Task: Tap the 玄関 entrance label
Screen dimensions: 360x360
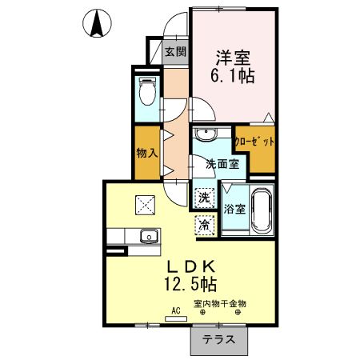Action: coord(175,53)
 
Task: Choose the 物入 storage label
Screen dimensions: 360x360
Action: coord(145,153)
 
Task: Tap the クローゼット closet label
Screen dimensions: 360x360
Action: coord(255,142)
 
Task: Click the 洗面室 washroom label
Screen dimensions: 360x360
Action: coord(222,164)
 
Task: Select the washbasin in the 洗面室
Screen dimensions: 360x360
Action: coord(206,133)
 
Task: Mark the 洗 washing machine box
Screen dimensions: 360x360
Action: coord(204,196)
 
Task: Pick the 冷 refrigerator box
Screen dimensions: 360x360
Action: coord(204,226)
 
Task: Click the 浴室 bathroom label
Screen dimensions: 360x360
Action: coord(234,210)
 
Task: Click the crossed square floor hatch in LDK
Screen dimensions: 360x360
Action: coord(146,206)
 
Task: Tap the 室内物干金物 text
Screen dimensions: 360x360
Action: coord(220,303)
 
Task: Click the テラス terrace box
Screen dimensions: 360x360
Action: coord(218,339)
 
